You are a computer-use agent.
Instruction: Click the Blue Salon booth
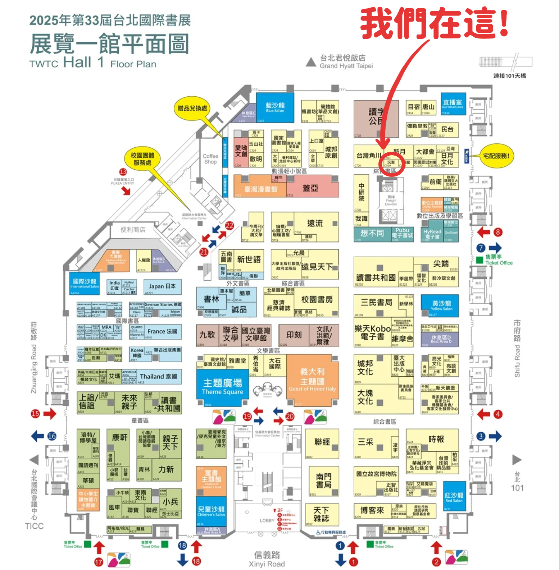[275, 107]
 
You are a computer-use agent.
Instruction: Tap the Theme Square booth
[222, 387]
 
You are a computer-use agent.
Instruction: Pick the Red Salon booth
[454, 497]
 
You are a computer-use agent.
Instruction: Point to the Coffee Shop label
[210, 159]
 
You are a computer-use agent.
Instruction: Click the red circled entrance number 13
[123, 172]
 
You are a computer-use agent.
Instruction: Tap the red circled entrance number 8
[498, 232]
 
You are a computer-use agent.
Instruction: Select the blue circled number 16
[52, 436]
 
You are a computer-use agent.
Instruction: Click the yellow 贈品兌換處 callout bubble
[192, 108]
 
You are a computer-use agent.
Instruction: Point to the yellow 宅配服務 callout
[496, 156]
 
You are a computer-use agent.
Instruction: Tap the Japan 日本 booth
[162, 286]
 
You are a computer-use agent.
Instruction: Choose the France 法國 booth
[162, 331]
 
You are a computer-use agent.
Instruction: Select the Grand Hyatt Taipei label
[346, 62]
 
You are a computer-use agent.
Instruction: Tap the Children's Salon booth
[211, 511]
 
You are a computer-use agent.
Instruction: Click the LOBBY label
[267, 520]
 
